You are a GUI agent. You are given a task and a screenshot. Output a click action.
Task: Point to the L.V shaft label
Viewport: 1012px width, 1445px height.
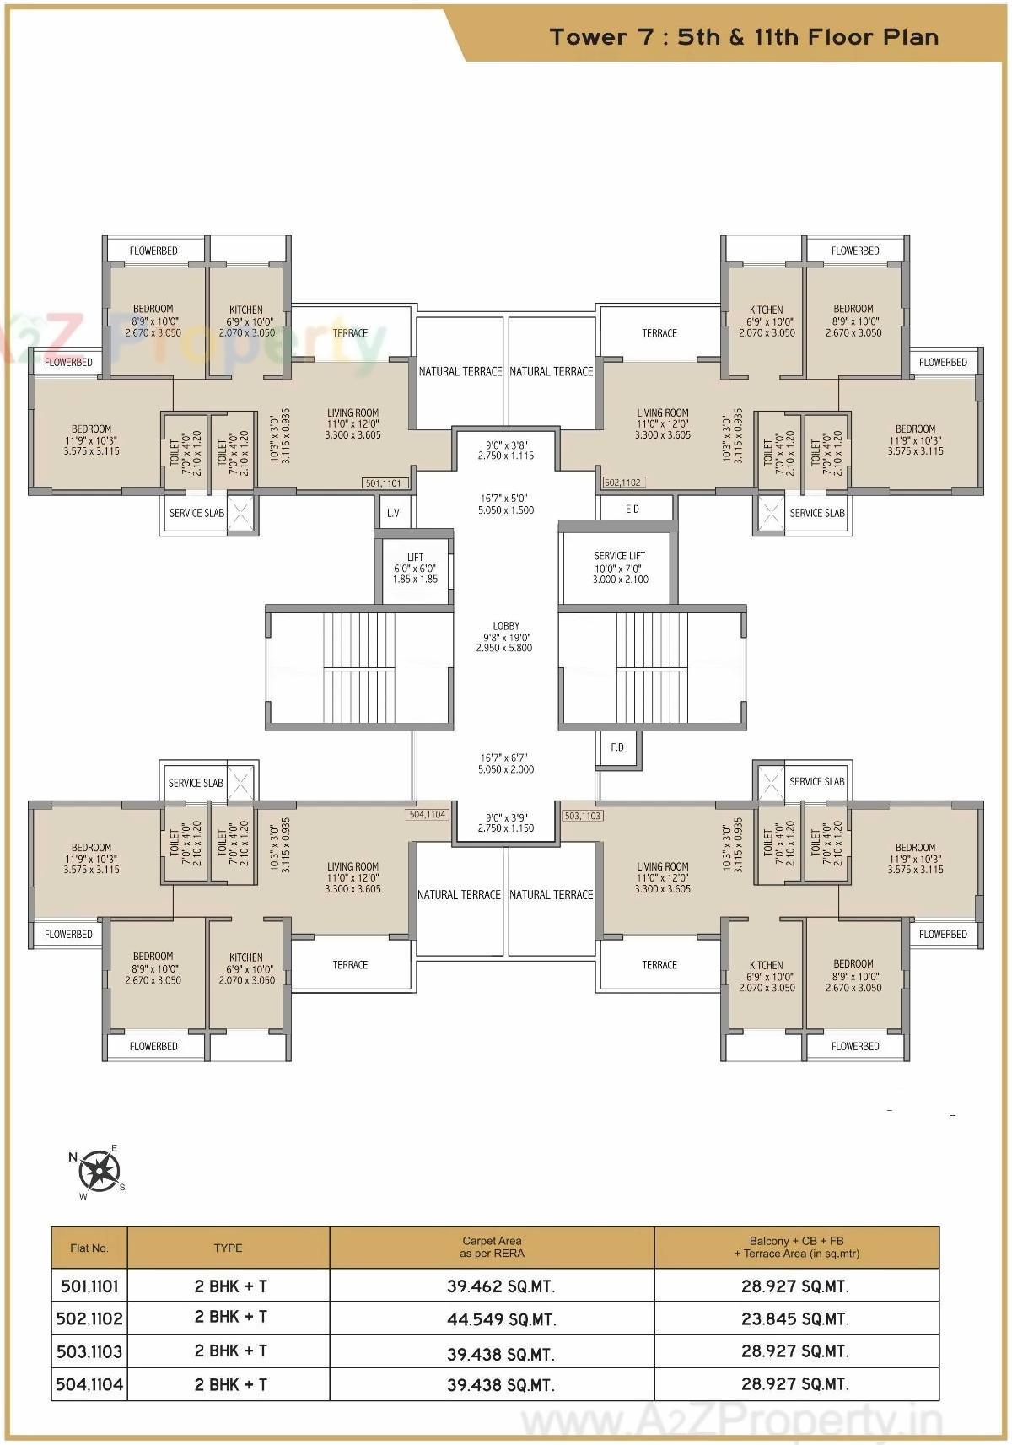pyautogui.click(x=393, y=513)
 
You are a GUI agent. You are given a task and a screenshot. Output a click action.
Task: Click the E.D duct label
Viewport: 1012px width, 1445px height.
pyautogui.click(x=632, y=509)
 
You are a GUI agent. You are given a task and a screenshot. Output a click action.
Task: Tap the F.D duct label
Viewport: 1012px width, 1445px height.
pyautogui.click(x=617, y=747)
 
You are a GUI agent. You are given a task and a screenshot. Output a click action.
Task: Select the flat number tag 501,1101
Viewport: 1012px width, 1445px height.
pyautogui.click(x=384, y=483)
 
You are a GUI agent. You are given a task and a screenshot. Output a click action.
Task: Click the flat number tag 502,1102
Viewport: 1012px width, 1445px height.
pyautogui.click(x=622, y=483)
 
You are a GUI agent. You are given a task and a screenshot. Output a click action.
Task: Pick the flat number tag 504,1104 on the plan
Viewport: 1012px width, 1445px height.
pyautogui.click(x=428, y=815)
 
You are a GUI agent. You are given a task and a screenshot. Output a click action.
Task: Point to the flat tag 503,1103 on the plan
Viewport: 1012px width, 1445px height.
pyautogui.click(x=583, y=816)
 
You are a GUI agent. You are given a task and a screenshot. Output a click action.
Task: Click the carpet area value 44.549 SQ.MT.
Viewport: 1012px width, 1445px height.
pyautogui.click(x=501, y=1319)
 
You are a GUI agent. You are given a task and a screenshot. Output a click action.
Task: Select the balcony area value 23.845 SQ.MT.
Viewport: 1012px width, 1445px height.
pyautogui.click(x=795, y=1318)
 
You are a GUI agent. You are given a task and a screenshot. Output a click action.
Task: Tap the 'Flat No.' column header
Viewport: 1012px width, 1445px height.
pyautogui.click(x=89, y=1248)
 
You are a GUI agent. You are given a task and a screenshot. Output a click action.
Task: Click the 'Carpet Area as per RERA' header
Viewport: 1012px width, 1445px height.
pyautogui.click(x=492, y=1247)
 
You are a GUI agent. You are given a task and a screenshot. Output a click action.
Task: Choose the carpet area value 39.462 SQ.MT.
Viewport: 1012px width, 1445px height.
pyautogui.click(x=501, y=1286)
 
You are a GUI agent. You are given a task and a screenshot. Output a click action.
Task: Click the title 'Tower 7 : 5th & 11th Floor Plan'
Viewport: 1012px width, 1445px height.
pyautogui.click(x=744, y=37)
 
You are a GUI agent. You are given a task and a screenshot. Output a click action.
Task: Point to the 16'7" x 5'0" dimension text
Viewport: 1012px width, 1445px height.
pyautogui.click(x=506, y=504)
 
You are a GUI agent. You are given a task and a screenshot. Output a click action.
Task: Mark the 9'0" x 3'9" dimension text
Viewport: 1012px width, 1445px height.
pyautogui.click(x=506, y=822)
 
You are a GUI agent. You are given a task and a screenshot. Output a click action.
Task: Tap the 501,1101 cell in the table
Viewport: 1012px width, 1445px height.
pyautogui.click(x=89, y=1286)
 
